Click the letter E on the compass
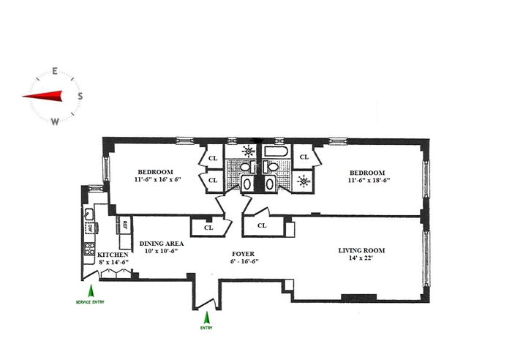pos(55,71)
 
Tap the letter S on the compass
pos(80,96)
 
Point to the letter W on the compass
pos(55,121)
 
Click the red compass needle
pos(42,96)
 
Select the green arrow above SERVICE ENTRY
pos(91,290)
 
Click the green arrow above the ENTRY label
pos(206,318)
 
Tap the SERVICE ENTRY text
pos(90,302)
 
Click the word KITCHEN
pos(113,255)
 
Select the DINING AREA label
pos(162,244)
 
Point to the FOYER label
pos(243,254)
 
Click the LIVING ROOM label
pos(361,250)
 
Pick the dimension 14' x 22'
pos(361,258)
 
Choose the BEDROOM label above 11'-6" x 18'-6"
pos(367,173)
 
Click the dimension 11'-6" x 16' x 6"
pos(157,179)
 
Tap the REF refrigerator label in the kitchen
pos(125,224)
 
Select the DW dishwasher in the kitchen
pos(90,228)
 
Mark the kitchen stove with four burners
pos(89,249)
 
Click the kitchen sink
pos(89,214)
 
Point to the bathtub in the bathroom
pos(276,152)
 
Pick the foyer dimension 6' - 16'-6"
pos(244,261)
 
